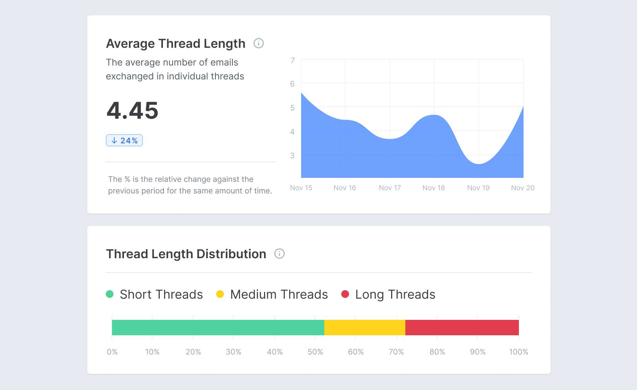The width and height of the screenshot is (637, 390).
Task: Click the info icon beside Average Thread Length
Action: [x=259, y=43]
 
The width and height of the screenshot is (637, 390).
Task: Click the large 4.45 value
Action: [x=132, y=111]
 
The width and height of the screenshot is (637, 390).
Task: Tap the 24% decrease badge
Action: [x=124, y=141]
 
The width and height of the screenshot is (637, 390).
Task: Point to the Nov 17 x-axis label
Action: [x=390, y=188]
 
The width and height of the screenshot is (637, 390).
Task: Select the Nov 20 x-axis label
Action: [x=522, y=188]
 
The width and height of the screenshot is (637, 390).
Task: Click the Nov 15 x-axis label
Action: [x=301, y=188]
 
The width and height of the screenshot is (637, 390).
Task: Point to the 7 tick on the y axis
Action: [x=293, y=61]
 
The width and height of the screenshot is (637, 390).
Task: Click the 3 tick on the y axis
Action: [x=292, y=156]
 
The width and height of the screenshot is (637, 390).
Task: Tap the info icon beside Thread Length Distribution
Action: [x=280, y=254]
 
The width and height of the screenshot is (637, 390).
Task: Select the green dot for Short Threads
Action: [x=110, y=294]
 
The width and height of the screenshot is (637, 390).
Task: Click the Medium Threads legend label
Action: [x=279, y=294]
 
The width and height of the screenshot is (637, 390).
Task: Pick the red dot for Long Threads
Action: [x=345, y=294]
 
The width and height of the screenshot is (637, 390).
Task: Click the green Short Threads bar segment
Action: [x=218, y=328]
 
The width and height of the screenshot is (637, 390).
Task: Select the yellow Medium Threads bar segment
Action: [x=364, y=328]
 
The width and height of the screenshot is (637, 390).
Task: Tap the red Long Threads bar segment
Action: [x=462, y=328]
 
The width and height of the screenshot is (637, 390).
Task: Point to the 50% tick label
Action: [x=315, y=352]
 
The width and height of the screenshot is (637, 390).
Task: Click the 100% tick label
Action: [x=518, y=352]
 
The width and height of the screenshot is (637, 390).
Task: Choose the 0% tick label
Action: [x=112, y=352]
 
